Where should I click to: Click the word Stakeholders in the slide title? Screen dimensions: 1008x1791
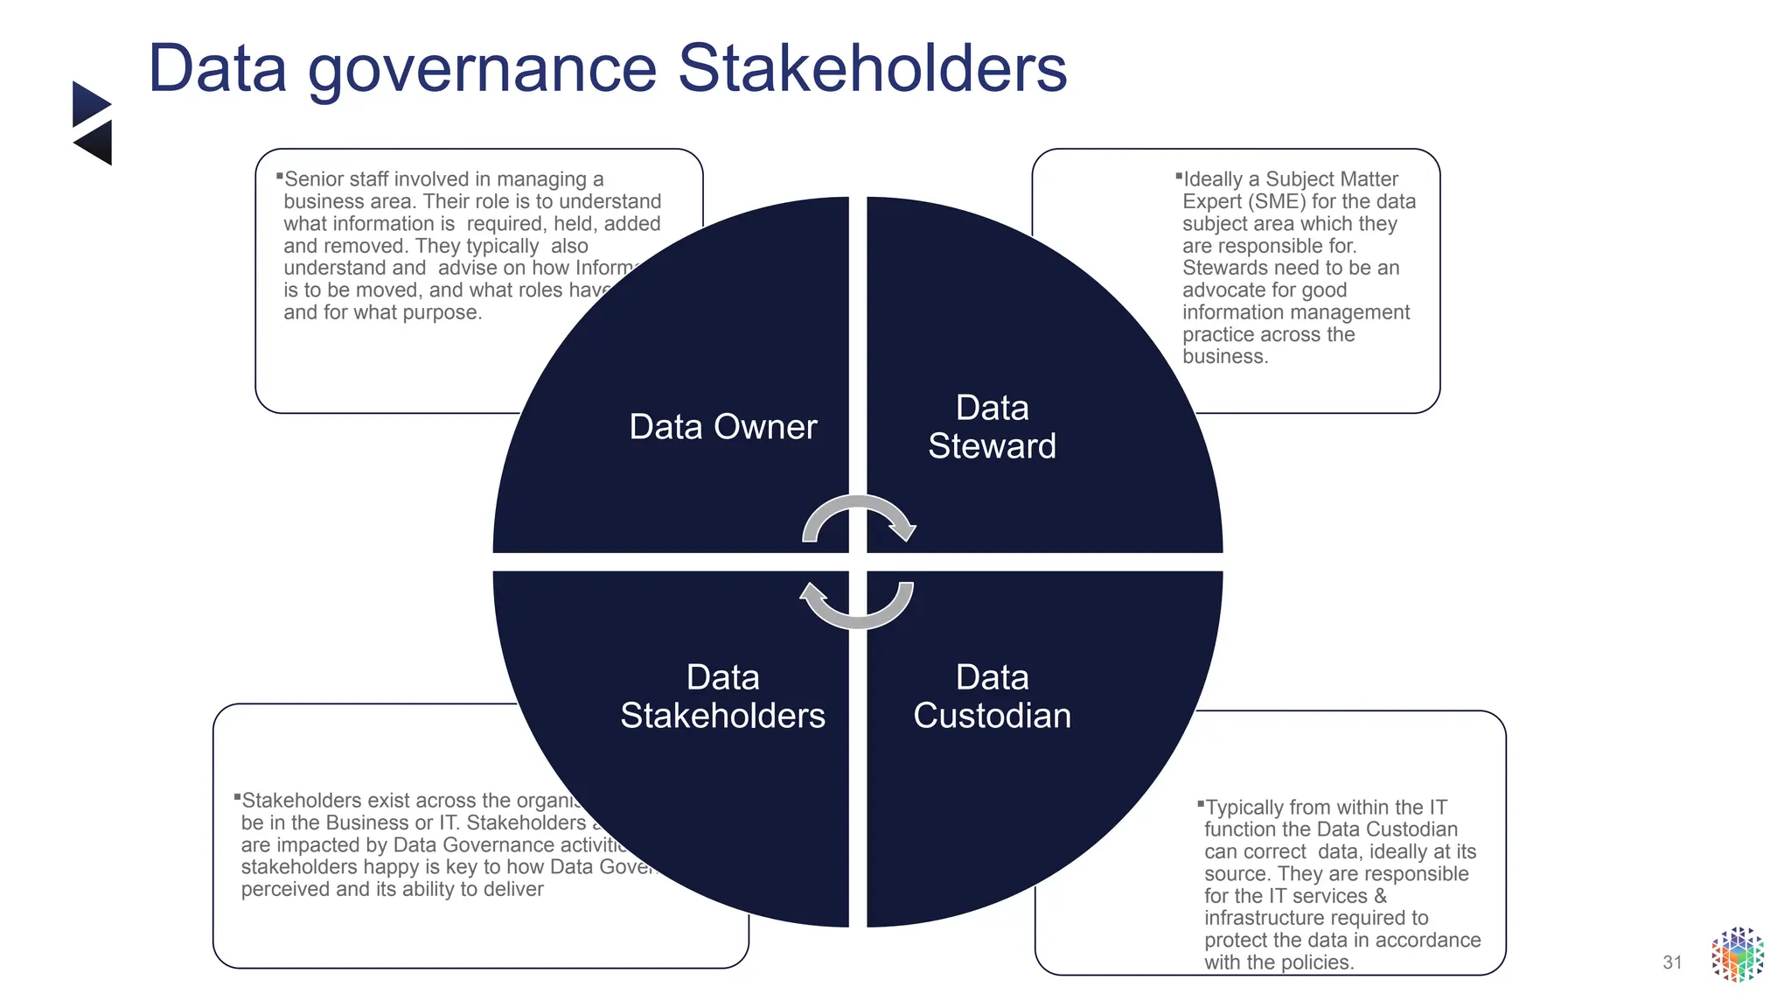(872, 68)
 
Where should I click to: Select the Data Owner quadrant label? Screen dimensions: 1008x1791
(722, 427)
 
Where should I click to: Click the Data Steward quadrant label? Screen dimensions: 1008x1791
(992, 427)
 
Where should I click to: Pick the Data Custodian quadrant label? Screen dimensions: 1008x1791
(992, 696)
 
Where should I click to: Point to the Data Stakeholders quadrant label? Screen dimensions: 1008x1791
(722, 696)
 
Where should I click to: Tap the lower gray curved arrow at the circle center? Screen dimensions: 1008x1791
(857, 608)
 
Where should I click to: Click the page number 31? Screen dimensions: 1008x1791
(1672, 962)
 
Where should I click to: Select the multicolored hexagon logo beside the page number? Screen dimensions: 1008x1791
(1737, 955)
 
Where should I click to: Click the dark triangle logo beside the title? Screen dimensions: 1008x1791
(92, 122)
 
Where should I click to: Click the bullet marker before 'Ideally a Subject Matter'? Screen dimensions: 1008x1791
(1178, 176)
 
